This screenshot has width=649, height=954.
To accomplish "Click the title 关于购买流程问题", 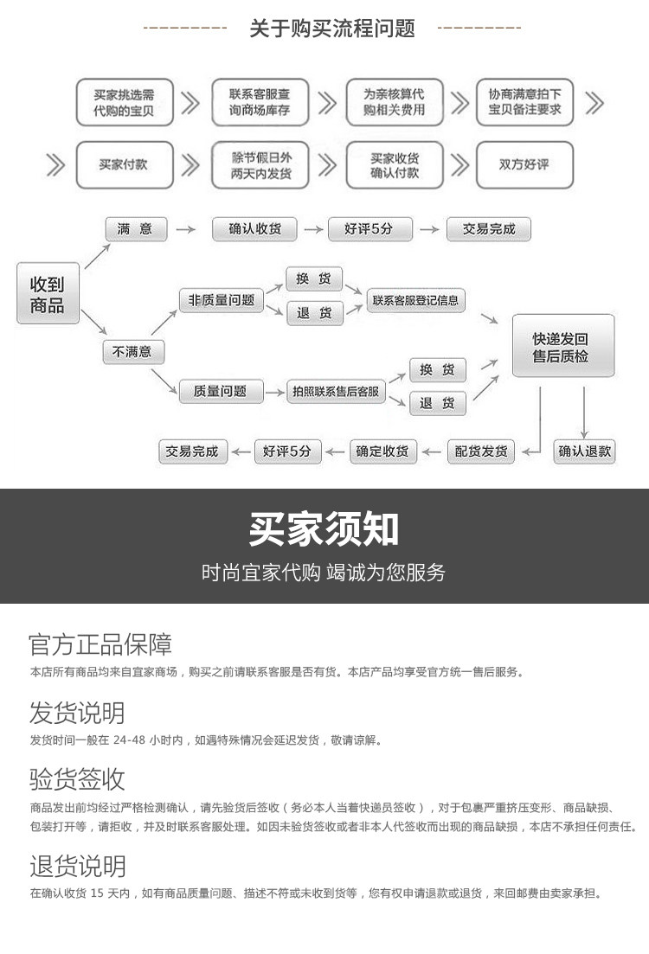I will tap(332, 29).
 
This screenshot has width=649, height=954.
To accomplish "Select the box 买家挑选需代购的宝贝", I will tap(124, 103).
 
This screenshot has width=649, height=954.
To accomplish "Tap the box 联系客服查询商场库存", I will tap(259, 103).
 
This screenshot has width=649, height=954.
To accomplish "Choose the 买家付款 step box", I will tap(124, 164).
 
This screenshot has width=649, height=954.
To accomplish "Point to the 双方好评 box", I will tap(524, 164).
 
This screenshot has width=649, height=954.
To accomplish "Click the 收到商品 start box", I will tap(48, 293).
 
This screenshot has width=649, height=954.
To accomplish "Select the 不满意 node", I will tap(133, 352).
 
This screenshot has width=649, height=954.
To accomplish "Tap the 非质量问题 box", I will tap(222, 300).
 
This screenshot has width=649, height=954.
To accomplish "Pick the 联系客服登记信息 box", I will tap(415, 301).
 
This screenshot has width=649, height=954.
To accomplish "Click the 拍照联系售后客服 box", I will tap(335, 392).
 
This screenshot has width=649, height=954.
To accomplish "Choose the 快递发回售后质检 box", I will tap(562, 346).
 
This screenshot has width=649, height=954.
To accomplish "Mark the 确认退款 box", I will tap(584, 451).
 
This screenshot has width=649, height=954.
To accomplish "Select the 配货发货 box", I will tap(481, 451).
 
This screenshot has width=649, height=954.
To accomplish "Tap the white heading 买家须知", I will tap(324, 528).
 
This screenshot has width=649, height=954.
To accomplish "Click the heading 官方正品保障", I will tap(100, 644).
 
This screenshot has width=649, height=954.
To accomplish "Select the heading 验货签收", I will tap(77, 778).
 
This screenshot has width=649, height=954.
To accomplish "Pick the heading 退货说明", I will tap(77, 866).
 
